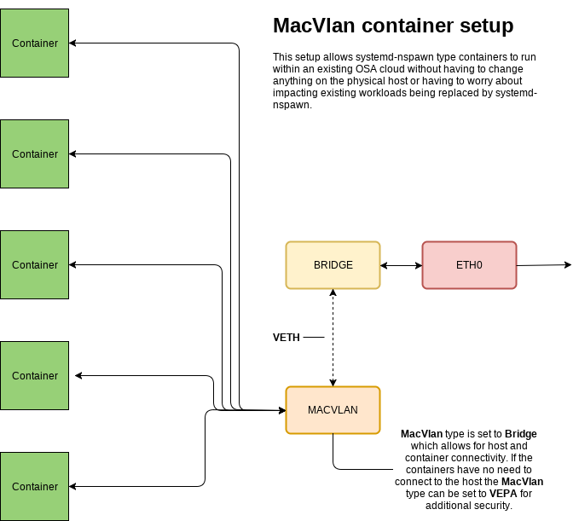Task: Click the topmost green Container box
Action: pyautogui.click(x=34, y=43)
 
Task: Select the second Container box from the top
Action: pyautogui.click(x=34, y=153)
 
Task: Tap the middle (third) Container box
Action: pyautogui.click(x=34, y=264)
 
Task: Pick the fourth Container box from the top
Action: pyautogui.click(x=34, y=375)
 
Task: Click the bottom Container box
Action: pyautogui.click(x=34, y=486)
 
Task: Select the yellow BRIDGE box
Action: pyautogui.click(x=333, y=265)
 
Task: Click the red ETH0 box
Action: pyautogui.click(x=469, y=265)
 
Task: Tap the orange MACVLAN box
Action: pyautogui.click(x=333, y=410)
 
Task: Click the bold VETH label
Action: pyautogui.click(x=286, y=338)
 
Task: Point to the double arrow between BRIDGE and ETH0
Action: pyautogui.click(x=401, y=265)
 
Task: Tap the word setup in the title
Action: pyautogui.click(x=485, y=26)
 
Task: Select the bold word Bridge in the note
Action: pyautogui.click(x=520, y=434)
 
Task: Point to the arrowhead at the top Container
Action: pyautogui.click(x=73, y=43)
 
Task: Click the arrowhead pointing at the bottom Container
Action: pyautogui.click(x=73, y=486)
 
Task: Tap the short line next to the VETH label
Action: pyautogui.click(x=314, y=338)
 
